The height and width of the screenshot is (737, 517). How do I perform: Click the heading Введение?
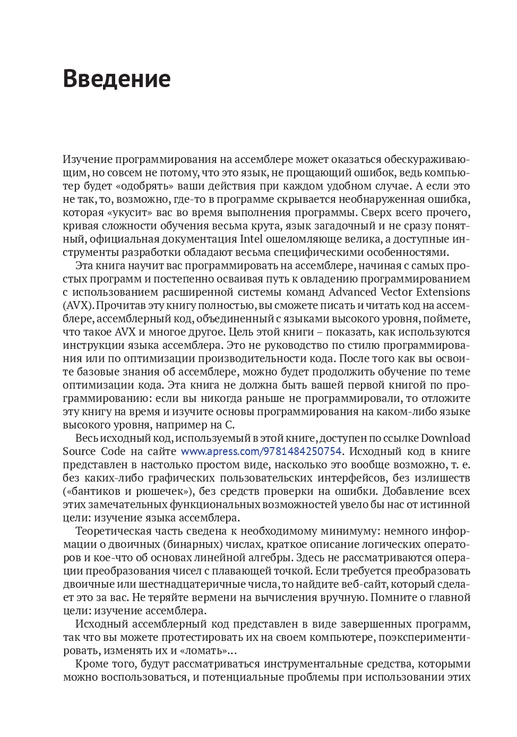[117, 79]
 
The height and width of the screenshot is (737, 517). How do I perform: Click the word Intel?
[251, 239]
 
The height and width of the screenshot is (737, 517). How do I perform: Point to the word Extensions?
[443, 292]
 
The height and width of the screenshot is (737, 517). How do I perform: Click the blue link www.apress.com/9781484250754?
[261, 451]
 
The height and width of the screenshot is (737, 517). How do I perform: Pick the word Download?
[445, 438]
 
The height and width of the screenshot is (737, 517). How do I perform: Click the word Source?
[79, 451]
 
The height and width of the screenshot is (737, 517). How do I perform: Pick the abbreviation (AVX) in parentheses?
[79, 305]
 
